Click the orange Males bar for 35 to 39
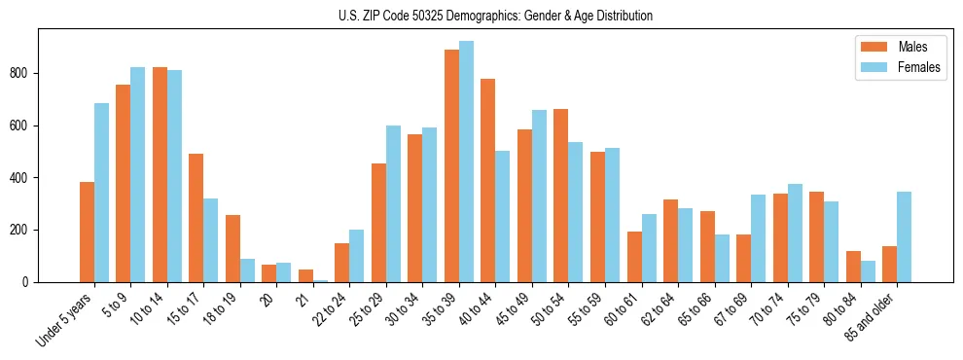click(x=451, y=165)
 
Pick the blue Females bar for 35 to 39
click(x=466, y=162)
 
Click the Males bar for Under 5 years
click(x=87, y=232)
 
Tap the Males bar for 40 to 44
click(x=488, y=180)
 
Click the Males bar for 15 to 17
click(x=196, y=218)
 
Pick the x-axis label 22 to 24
click(x=329, y=311)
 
